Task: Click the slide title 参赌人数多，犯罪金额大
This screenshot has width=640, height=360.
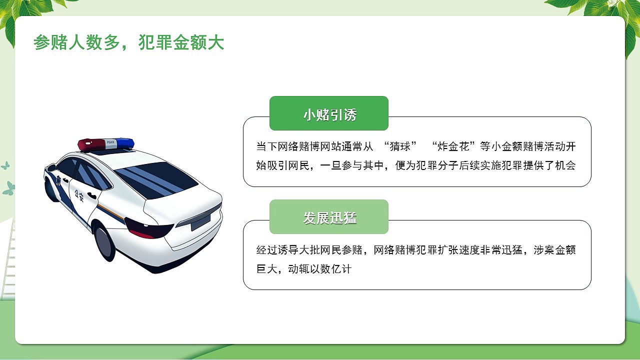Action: pyautogui.click(x=128, y=43)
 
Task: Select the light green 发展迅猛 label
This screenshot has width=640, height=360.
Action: pyautogui.click(x=329, y=217)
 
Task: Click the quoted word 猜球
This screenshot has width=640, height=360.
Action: pyautogui.click(x=399, y=146)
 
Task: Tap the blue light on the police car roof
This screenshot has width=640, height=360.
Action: pyautogui.click(x=124, y=142)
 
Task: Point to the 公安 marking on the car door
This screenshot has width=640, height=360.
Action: pyautogui.click(x=78, y=195)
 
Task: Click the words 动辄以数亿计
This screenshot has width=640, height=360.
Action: pyautogui.click(x=320, y=269)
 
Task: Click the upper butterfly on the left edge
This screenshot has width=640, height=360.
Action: pyautogui.click(x=5, y=165)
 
